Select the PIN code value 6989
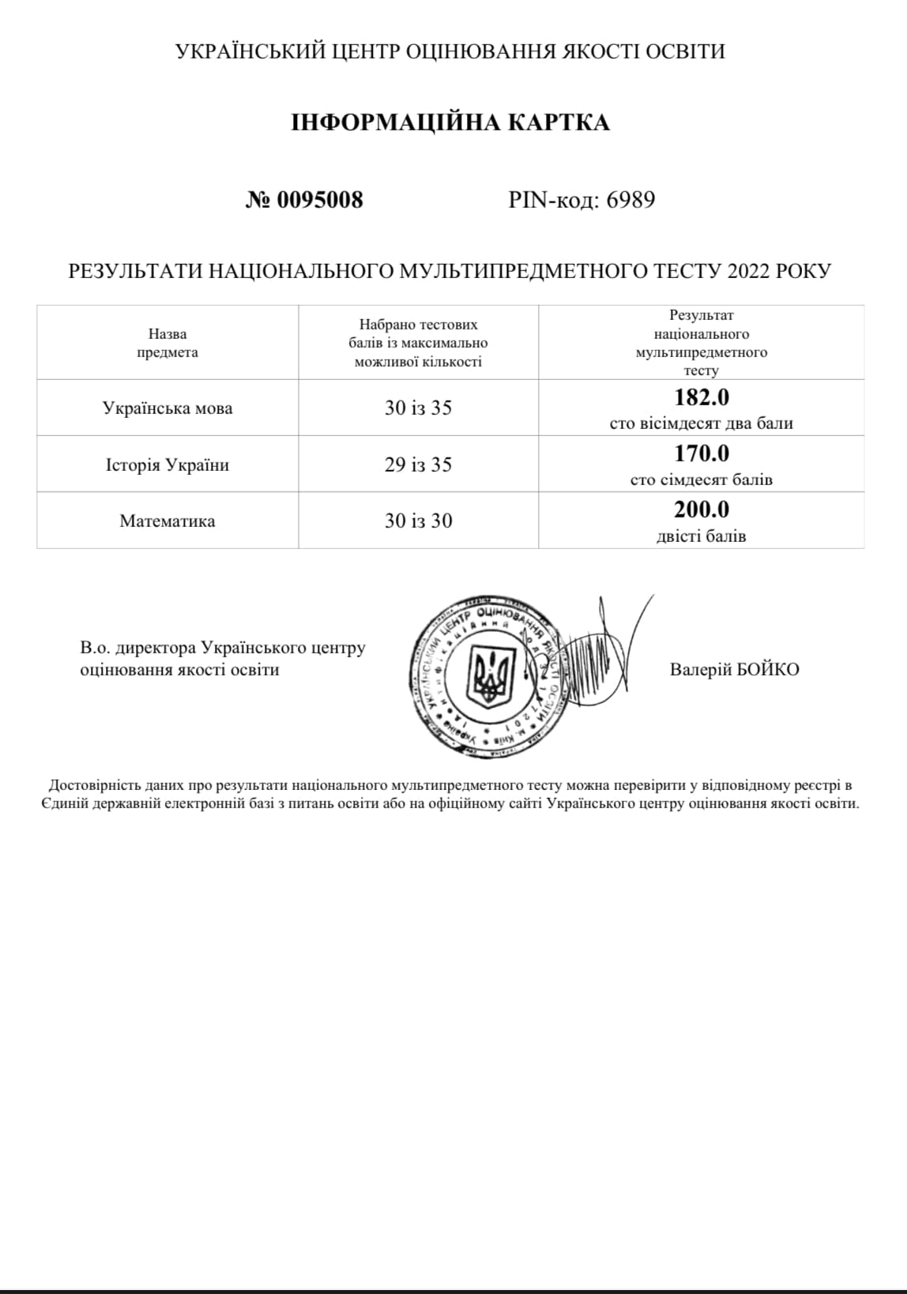630,200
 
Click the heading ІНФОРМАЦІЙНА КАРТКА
450,122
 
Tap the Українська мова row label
167,408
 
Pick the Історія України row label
167,465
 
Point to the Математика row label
167,521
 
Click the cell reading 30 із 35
418,408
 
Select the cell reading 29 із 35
418,465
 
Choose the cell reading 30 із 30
418,521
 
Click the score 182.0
702,397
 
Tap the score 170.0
702,453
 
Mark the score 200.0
702,510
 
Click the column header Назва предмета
167,343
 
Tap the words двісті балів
702,536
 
